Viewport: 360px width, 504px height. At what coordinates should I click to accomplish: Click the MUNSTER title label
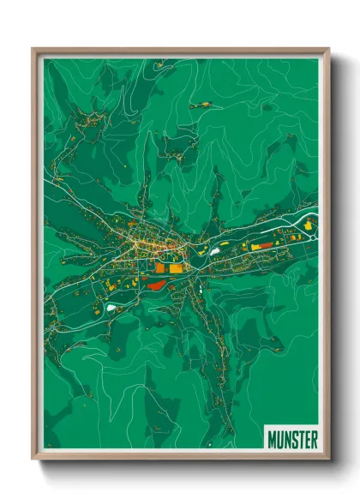tap(292, 439)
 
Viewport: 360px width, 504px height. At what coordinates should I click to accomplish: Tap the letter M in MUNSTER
tap(272, 439)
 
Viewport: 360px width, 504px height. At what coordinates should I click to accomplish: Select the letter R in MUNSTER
tap(314, 439)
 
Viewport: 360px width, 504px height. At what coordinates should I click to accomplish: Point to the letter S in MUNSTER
tap(293, 439)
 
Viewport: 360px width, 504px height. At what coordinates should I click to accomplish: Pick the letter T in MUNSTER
tap(300, 439)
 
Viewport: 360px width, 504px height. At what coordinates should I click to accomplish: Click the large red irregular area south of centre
tap(157, 286)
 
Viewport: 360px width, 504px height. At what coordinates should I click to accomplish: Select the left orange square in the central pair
tap(160, 267)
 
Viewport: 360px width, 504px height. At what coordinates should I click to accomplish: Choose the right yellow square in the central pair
tap(174, 268)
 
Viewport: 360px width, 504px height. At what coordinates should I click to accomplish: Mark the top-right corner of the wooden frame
tap(327, 50)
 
